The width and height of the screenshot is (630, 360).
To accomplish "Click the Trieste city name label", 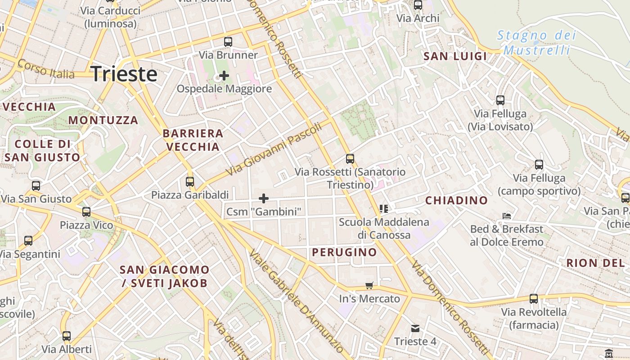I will [124, 74].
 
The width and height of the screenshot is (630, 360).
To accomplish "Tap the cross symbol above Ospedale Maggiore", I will [224, 75].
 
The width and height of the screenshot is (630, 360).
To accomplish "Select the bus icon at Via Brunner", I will [228, 42].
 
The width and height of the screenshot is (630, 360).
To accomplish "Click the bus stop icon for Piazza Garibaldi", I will [190, 182].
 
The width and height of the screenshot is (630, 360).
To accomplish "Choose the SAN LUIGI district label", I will [455, 56].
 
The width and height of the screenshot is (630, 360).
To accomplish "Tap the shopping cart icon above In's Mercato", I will [369, 285].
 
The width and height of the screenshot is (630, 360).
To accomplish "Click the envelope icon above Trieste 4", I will [415, 328].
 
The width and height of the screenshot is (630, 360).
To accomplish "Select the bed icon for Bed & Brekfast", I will [507, 216].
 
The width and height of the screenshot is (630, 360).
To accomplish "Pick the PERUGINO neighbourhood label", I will [344, 252].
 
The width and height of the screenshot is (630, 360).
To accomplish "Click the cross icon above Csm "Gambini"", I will [264, 198].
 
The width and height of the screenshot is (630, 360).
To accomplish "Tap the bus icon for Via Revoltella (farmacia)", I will [534, 298].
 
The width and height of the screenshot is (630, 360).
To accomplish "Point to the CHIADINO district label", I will [456, 201].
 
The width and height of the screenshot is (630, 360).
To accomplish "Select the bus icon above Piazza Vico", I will [86, 211].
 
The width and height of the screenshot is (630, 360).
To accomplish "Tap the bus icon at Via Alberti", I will [67, 336].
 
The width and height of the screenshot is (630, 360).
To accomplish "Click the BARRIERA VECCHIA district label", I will [193, 140].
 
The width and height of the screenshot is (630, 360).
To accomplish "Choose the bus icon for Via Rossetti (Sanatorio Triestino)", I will [350, 158].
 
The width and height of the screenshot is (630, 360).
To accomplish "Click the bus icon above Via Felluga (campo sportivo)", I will [539, 165].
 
